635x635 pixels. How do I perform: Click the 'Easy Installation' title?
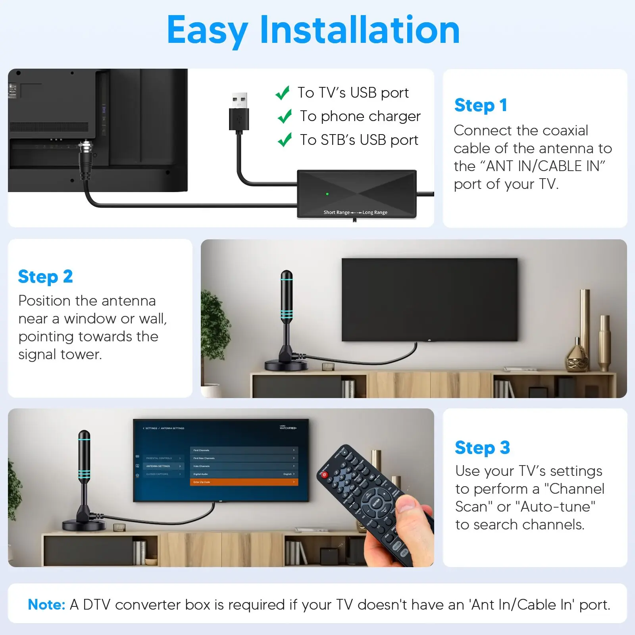313,30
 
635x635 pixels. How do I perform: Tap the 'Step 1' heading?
481,105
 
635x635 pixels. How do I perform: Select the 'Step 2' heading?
45,277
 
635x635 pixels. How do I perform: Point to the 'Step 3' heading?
482,448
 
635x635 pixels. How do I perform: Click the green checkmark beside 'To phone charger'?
285,116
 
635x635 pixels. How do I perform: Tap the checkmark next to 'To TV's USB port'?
282,93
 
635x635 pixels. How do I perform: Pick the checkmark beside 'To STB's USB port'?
285,140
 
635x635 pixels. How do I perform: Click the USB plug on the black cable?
239,111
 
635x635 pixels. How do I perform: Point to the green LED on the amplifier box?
327,194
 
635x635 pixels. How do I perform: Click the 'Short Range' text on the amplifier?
336,212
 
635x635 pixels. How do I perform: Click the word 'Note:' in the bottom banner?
46,604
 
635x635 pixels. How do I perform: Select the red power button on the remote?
324,474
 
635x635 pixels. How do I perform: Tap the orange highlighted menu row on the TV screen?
244,482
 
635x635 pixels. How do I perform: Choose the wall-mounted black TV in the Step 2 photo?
429,300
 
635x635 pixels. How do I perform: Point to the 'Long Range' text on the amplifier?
375,212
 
